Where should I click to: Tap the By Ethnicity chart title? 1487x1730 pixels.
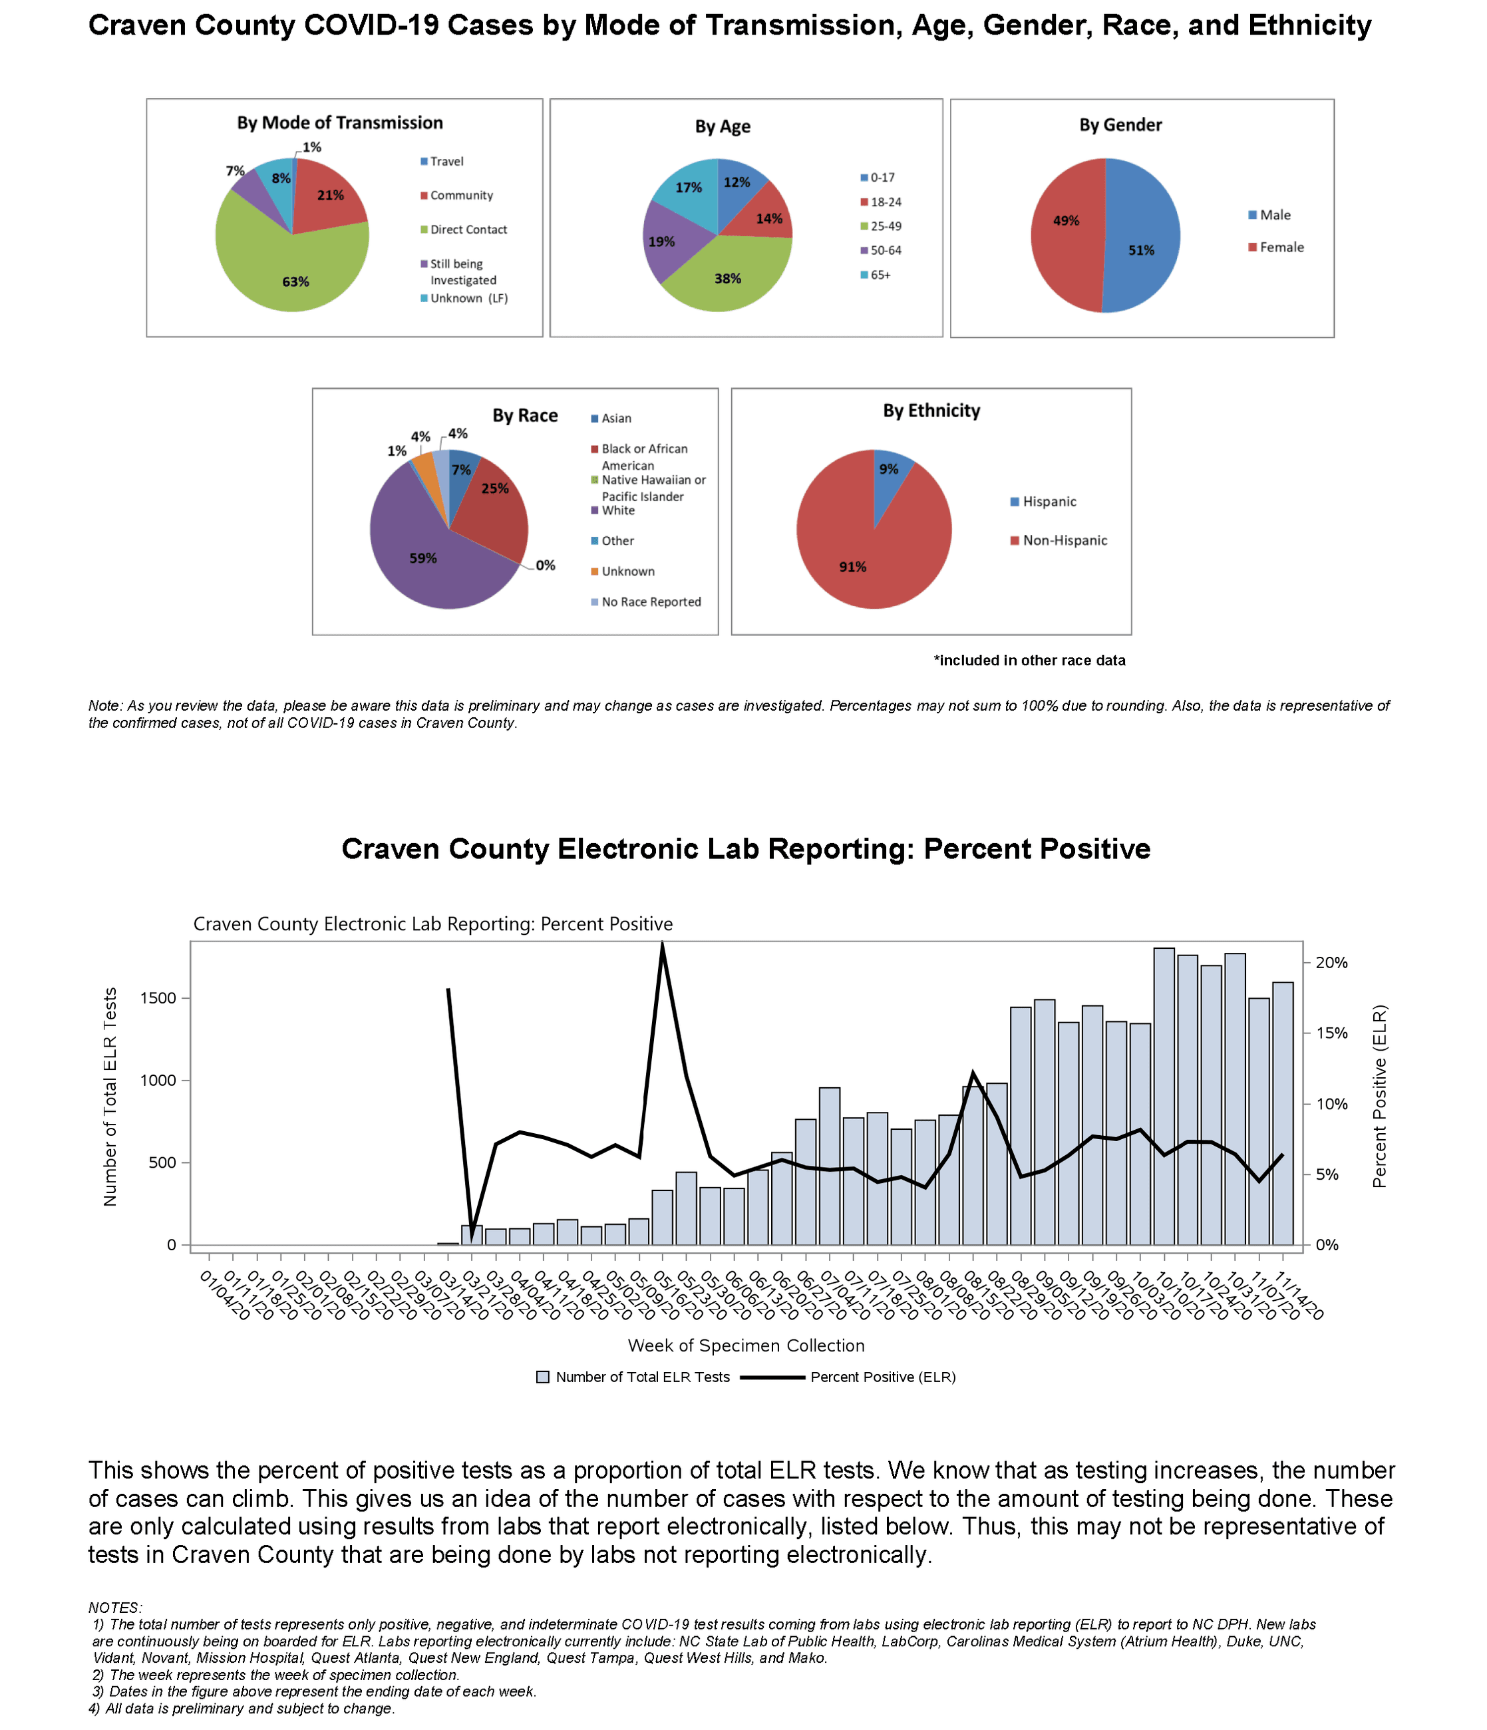(x=931, y=411)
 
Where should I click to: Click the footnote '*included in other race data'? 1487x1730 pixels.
(x=1029, y=661)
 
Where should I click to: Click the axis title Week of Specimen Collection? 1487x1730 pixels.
(x=746, y=1346)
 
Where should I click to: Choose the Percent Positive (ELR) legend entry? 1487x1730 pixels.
(x=882, y=1377)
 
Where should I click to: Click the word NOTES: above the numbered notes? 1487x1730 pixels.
(x=115, y=1608)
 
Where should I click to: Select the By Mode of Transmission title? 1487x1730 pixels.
(x=340, y=122)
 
